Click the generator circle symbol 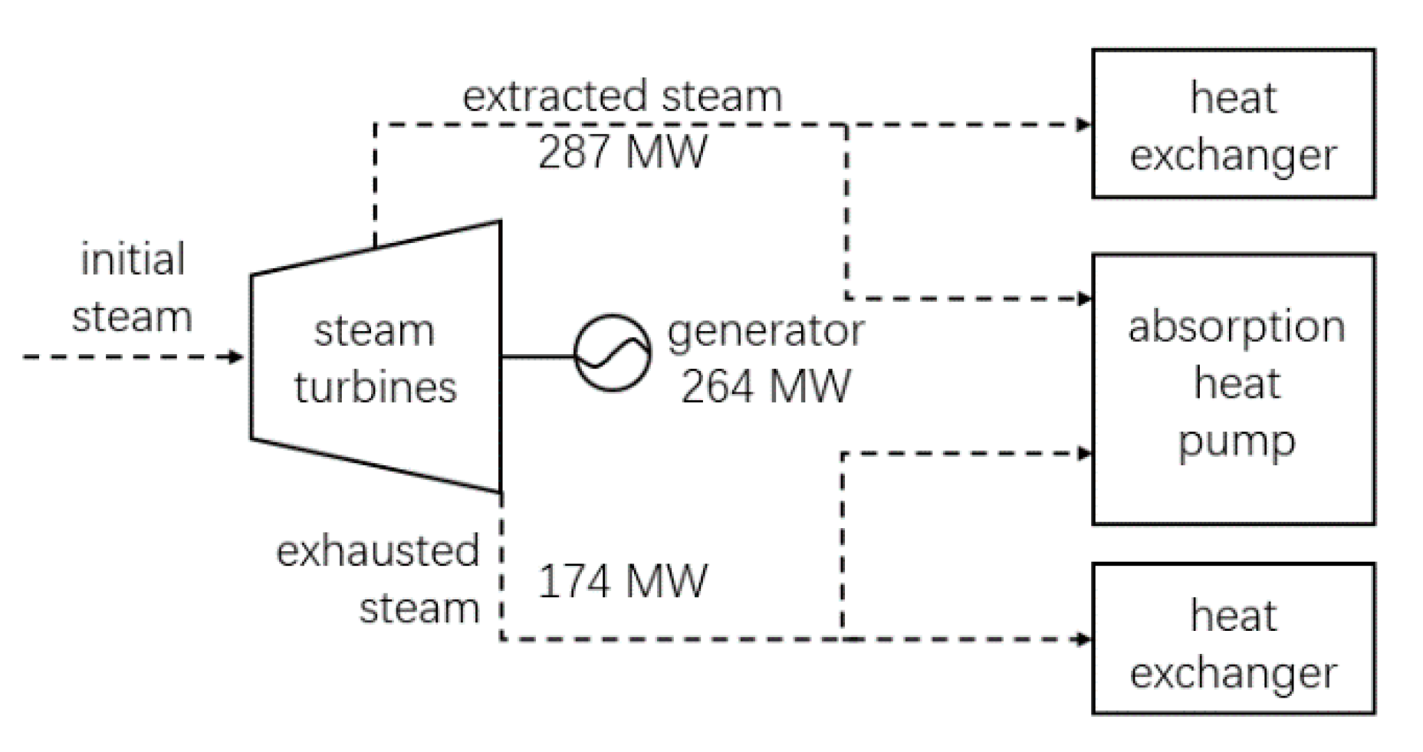(613, 353)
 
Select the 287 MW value (622, 152)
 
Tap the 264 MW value (765, 386)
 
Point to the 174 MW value (622, 581)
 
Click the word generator (765, 331)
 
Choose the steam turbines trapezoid (375, 357)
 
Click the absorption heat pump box (1233, 389)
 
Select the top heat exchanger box (1233, 123)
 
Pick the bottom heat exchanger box (1233, 639)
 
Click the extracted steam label (622, 97)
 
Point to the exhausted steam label (378, 580)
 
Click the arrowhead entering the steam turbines (236, 356)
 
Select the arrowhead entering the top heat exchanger (1083, 124)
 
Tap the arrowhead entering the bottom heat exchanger (1083, 639)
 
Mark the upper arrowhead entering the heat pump (1083, 298)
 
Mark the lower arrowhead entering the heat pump (1083, 454)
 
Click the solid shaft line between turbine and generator (537, 356)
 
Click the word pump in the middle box (1236, 442)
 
